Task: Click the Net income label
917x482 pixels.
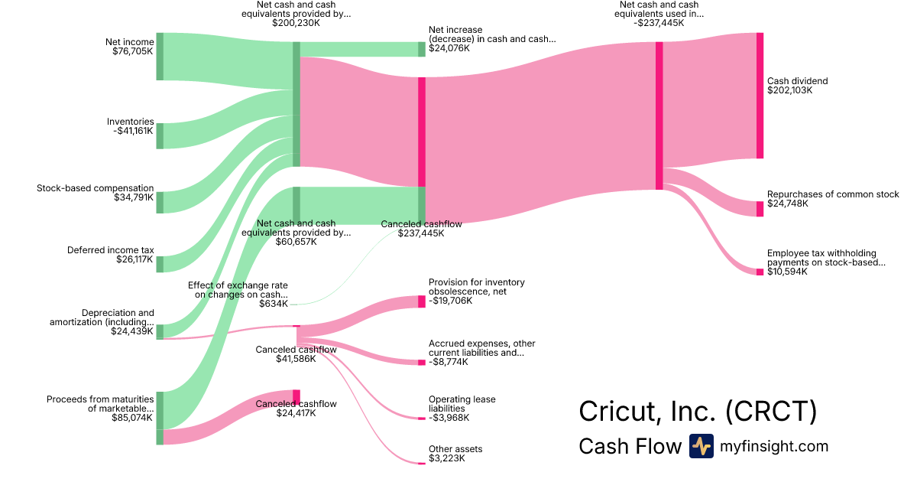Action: pyautogui.click(x=130, y=42)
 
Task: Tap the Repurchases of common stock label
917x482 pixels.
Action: pyautogui.click(x=833, y=194)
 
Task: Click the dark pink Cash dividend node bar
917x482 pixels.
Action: pyautogui.click(x=760, y=96)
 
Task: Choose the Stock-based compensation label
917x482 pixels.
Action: pyautogui.click(x=96, y=188)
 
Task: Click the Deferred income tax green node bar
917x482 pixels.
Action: pyautogui.click(x=160, y=264)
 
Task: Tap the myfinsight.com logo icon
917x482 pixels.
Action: pyautogui.click(x=701, y=446)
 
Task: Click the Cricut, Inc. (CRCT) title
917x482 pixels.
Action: pyautogui.click(x=698, y=411)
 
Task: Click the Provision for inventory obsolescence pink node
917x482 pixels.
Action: pyautogui.click(x=422, y=301)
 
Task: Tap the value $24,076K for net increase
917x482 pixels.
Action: pyautogui.click(x=449, y=48)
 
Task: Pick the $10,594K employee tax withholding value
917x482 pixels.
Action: pyautogui.click(x=787, y=272)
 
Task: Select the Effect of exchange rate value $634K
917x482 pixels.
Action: pyautogui.click(x=274, y=304)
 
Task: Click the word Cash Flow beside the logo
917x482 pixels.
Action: pyautogui.click(x=630, y=447)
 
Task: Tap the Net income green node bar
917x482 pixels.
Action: pyautogui.click(x=160, y=57)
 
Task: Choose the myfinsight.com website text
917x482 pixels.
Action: pyautogui.click(x=774, y=447)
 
